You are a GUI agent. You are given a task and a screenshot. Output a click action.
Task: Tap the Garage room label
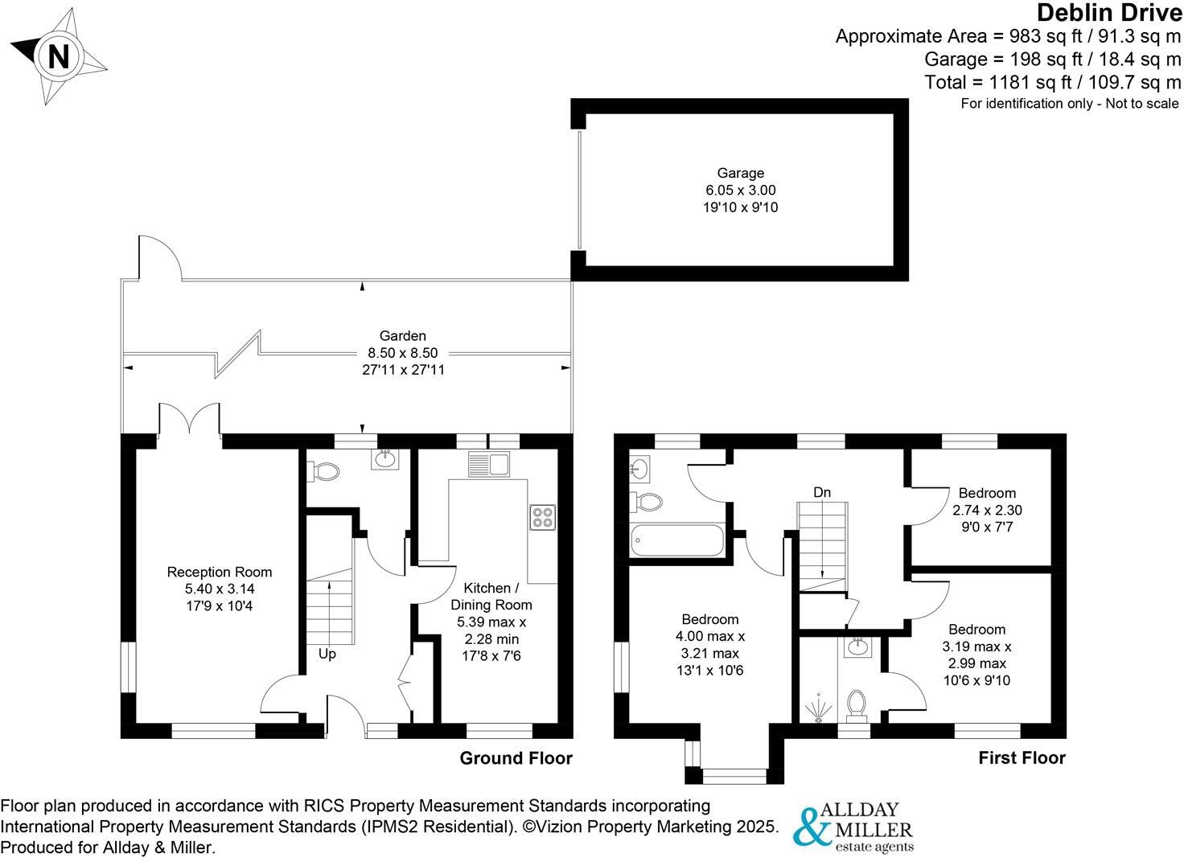pos(741,173)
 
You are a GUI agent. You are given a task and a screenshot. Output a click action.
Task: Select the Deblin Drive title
pos(1109,13)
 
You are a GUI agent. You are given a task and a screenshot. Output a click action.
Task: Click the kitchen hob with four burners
pos(542,516)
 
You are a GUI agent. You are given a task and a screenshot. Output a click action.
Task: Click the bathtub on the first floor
pos(677,540)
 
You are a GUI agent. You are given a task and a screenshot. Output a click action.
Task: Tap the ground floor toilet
pos(323,471)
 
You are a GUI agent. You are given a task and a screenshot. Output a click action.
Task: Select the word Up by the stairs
pos(327,655)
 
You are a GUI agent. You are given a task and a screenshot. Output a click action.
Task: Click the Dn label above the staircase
pos(821,492)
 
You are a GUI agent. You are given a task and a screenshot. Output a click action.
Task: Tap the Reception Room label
pos(220,573)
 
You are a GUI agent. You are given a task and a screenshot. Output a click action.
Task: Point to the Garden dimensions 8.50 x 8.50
pos(402,353)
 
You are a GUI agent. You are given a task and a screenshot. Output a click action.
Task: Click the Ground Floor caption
pos(516,758)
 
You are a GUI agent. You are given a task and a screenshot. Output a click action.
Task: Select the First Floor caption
pos(1022,758)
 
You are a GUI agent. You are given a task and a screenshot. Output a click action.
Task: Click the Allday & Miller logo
pos(853,826)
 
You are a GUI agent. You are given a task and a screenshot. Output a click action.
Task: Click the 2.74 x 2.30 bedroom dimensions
pos(987,510)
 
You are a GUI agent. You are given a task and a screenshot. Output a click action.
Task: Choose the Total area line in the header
pos(1052,82)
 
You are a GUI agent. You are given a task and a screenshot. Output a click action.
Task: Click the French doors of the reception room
pos(190,420)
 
